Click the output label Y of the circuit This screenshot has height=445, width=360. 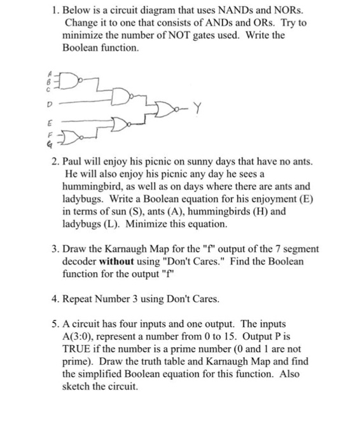pos(198,108)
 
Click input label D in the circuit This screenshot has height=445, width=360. pos(50,104)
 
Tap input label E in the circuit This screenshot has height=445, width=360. pos(50,123)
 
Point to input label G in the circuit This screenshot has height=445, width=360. pos(50,145)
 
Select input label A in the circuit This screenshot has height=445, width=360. pos(50,74)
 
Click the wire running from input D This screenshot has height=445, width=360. pos(86,101)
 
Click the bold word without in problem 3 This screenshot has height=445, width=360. pos(116,261)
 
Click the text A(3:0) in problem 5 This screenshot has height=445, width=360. pos(79,336)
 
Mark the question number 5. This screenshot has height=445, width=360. pos(55,324)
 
